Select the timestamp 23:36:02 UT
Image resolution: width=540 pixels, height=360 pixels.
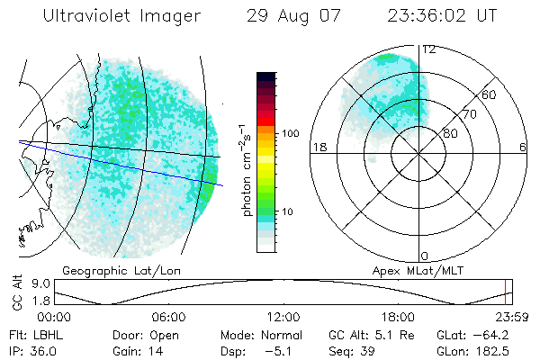click(442, 16)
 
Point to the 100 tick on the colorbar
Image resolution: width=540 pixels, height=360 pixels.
click(290, 133)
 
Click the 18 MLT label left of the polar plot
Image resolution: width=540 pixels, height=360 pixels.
click(318, 148)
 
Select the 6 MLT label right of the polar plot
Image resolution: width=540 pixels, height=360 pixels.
click(523, 148)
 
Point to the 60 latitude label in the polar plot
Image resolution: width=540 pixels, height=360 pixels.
click(490, 94)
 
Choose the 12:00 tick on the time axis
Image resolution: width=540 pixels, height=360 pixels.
click(283, 317)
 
